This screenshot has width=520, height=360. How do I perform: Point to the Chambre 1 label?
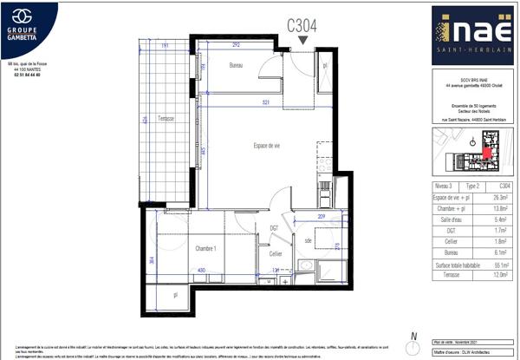point(203,248)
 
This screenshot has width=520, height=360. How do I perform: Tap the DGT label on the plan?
point(274,228)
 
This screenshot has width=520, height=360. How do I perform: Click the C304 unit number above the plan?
point(302,26)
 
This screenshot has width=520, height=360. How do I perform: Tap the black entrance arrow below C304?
point(302,41)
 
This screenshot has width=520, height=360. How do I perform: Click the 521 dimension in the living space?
point(268,104)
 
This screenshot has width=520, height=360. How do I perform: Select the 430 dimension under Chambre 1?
point(200,272)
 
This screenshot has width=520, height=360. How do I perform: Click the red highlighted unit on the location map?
point(486,154)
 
